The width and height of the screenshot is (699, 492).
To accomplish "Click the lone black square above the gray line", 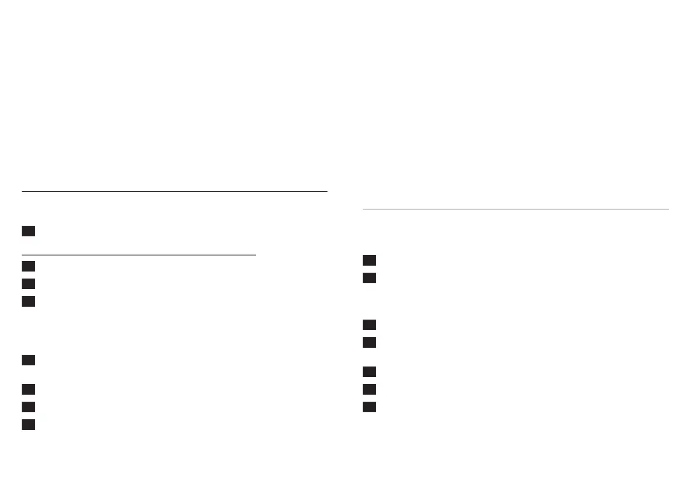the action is click(x=28, y=231).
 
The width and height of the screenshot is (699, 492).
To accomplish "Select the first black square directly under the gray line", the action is click(x=28, y=266).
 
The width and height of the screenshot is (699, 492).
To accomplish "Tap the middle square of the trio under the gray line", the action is click(x=28, y=284).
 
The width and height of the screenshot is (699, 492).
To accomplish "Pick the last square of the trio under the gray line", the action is click(x=28, y=301).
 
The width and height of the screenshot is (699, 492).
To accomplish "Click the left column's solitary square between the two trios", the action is click(x=28, y=360).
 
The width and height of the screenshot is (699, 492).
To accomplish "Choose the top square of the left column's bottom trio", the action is click(x=28, y=389).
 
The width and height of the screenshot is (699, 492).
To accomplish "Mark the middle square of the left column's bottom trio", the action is click(x=28, y=407).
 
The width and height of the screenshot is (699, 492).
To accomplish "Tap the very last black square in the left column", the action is click(x=28, y=425).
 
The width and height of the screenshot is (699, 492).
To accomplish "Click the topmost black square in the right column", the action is click(x=369, y=260).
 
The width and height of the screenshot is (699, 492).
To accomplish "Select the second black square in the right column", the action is click(x=369, y=278).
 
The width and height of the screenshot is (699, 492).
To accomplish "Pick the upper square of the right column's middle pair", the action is click(x=369, y=325).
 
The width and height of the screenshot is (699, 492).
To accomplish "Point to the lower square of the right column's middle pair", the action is click(x=369, y=342).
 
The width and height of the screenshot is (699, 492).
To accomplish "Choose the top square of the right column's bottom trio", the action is click(x=369, y=372).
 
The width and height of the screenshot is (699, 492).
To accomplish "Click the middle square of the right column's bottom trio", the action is click(x=369, y=389).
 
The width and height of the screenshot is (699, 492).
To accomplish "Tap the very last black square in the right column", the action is click(x=369, y=407).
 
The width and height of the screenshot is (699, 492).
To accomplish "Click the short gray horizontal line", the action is click(x=139, y=255).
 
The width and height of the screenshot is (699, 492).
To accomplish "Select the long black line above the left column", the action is click(x=174, y=191).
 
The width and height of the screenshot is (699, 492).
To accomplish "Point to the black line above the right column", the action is click(x=515, y=209).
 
